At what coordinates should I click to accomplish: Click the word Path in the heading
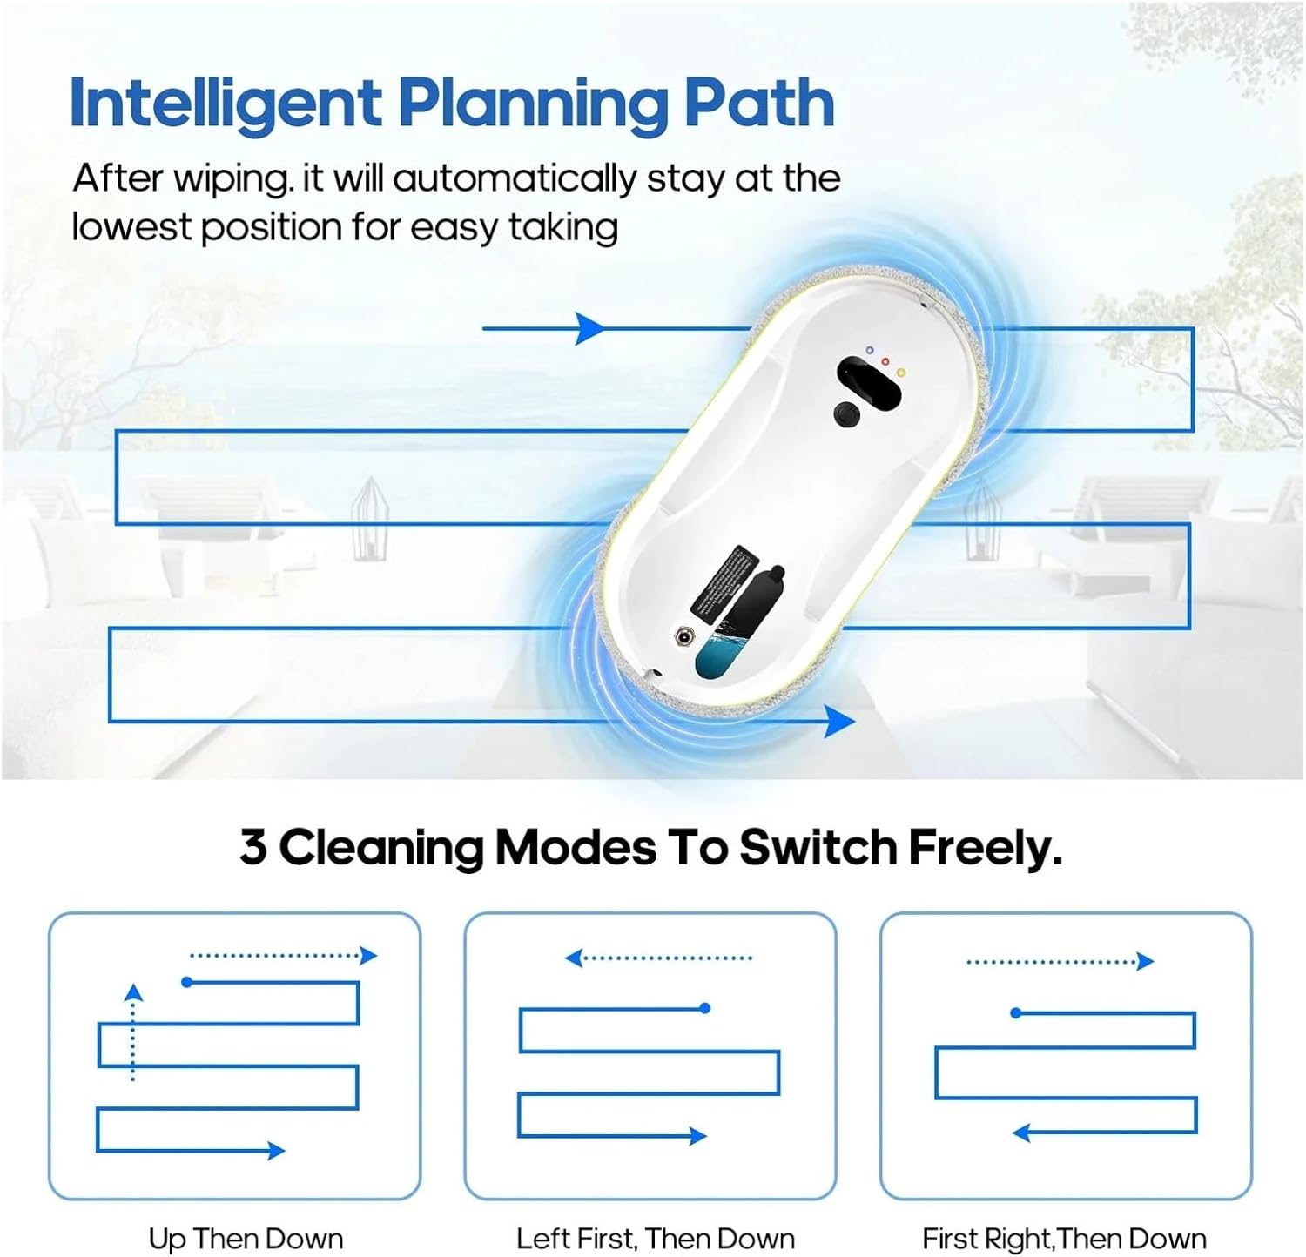pyautogui.click(x=759, y=103)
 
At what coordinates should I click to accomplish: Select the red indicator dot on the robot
pyautogui.click(x=885, y=361)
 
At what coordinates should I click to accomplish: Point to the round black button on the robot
pyautogui.click(x=846, y=414)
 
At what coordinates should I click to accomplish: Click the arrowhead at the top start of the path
pyautogui.click(x=590, y=328)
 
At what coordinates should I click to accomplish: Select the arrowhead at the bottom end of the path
pyautogui.click(x=839, y=721)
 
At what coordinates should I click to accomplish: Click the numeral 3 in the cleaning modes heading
pyautogui.click(x=252, y=846)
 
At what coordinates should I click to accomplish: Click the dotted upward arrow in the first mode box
pyautogui.click(x=132, y=1032)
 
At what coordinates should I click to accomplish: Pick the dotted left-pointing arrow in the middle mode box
pyautogui.click(x=658, y=958)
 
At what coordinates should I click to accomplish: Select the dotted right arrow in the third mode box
pyautogui.click(x=1060, y=962)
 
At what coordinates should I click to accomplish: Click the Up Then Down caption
pyautogui.click(x=246, y=1239)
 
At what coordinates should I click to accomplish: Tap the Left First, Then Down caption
pyautogui.click(x=656, y=1239)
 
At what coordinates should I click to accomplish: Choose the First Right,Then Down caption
pyautogui.click(x=1064, y=1239)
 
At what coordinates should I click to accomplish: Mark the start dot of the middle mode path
pyautogui.click(x=705, y=1008)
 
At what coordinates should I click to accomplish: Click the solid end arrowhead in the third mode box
pyautogui.click(x=1022, y=1133)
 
